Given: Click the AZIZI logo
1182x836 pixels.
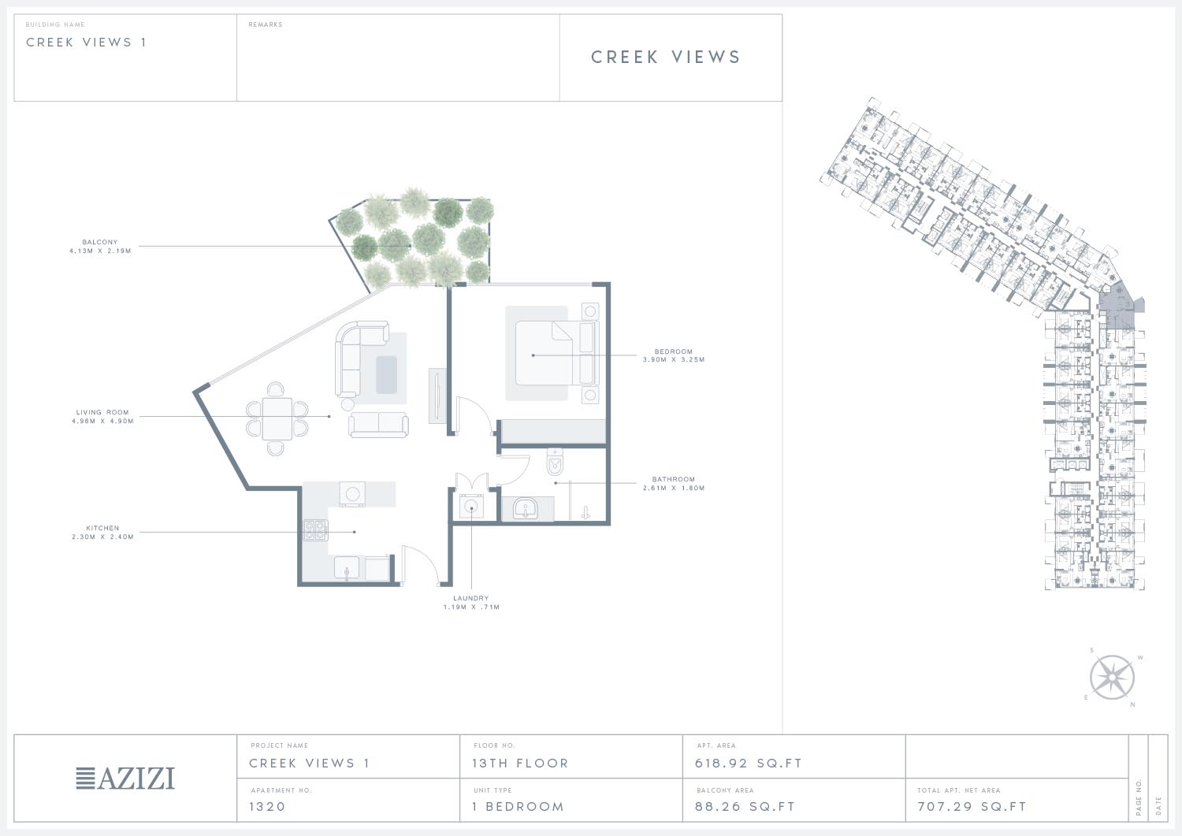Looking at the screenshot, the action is click(125, 778).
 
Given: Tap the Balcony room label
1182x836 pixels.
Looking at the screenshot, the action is click(100, 242).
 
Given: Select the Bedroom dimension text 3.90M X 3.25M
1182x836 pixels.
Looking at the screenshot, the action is click(673, 360).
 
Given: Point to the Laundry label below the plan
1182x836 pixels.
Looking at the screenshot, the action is click(470, 598).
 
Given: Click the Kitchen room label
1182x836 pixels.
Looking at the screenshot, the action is click(102, 528).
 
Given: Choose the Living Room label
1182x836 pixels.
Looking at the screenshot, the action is click(102, 412).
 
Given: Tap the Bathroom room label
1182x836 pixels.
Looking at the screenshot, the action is click(673, 479).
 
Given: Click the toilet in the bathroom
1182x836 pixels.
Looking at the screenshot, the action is click(555, 462).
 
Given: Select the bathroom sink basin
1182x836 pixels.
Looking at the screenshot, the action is click(525, 508).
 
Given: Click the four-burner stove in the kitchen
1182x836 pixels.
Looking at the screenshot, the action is click(315, 530).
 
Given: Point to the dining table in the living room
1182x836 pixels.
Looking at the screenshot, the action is click(277, 418).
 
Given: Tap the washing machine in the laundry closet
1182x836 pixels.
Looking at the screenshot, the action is click(471, 506).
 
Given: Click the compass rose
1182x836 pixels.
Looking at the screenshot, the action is click(1112, 678).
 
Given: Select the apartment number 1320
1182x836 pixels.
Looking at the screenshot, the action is click(267, 807).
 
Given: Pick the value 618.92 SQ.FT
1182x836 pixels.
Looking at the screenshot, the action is click(749, 764).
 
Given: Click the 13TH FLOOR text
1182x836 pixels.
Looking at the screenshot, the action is click(520, 764).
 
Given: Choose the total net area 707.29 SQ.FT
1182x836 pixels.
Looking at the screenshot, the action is click(972, 807).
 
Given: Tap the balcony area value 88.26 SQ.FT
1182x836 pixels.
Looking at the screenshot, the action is click(745, 807).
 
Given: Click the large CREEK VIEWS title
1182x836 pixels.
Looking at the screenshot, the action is click(665, 57).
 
